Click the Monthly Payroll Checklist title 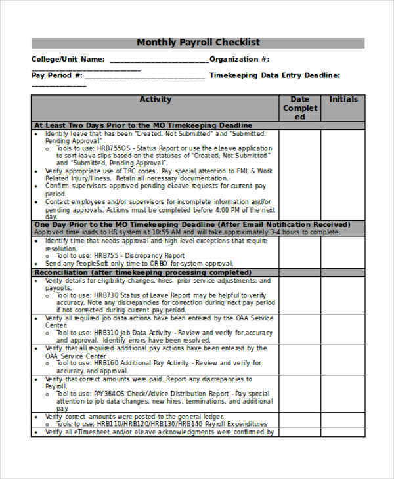click(x=198, y=43)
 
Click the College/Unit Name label click(x=68, y=59)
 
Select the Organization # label click(x=240, y=59)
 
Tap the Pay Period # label click(x=57, y=75)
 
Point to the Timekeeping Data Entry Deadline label click(x=274, y=75)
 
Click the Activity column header click(x=156, y=100)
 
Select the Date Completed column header click(x=299, y=108)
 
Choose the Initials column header click(x=343, y=100)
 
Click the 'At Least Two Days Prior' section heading click(x=143, y=125)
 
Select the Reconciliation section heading click(x=142, y=272)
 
